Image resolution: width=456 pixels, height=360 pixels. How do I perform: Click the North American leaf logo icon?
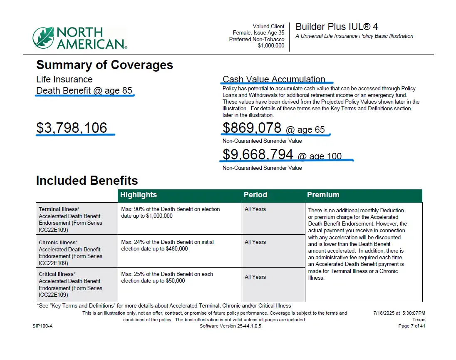[x=43, y=37]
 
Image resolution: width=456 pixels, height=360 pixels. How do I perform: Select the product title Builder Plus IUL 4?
[x=337, y=27]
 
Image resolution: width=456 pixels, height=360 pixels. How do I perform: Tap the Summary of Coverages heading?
[x=104, y=65]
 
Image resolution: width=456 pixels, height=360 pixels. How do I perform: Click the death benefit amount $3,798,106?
[x=72, y=128]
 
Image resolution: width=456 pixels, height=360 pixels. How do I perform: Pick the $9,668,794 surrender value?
[x=258, y=154]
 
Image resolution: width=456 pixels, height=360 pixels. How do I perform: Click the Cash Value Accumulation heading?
[x=274, y=79]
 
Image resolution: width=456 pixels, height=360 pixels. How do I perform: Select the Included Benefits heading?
[x=87, y=180]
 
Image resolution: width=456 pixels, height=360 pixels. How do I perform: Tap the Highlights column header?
[x=139, y=195]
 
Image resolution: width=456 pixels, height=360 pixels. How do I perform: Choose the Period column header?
[x=255, y=195]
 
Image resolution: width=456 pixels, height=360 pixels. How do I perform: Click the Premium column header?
[x=323, y=195]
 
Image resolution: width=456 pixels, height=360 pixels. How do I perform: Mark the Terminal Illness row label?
[x=58, y=209]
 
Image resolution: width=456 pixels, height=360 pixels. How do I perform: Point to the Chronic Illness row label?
[x=57, y=243]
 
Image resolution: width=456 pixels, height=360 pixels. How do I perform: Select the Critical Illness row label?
[x=57, y=274]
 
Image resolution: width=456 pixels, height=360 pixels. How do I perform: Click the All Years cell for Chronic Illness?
[x=255, y=242]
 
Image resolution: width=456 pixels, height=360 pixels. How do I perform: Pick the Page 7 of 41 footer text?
[x=411, y=326]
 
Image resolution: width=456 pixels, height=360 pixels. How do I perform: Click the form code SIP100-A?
[x=42, y=326]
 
